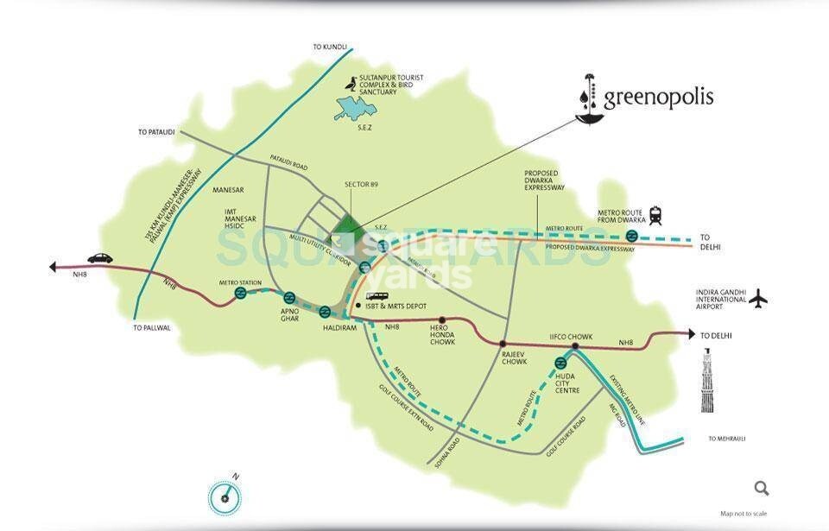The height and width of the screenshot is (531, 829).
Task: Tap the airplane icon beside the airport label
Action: (x=758, y=300)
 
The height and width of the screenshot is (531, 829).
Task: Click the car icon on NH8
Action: (x=99, y=257)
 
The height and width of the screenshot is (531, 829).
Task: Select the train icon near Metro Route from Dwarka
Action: (x=655, y=215)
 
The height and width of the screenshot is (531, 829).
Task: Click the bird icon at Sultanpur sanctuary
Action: (x=350, y=84)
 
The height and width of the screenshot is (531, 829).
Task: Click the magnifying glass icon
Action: (x=761, y=489)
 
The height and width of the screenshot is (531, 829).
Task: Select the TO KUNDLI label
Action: (x=329, y=46)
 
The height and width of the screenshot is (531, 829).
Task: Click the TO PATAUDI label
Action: (x=156, y=132)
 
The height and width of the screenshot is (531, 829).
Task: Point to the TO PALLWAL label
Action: (x=151, y=327)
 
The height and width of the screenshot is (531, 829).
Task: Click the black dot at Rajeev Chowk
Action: (x=502, y=344)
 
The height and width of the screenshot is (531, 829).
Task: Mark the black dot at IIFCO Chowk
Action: (x=574, y=346)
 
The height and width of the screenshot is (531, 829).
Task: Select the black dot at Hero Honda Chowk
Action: (x=441, y=319)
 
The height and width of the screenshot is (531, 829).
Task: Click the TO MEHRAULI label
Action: (x=726, y=439)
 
